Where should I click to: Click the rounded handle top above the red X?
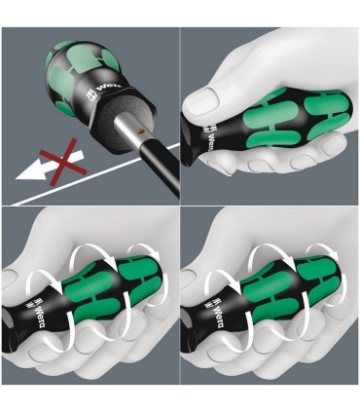pyautogui.click(x=73, y=49)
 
